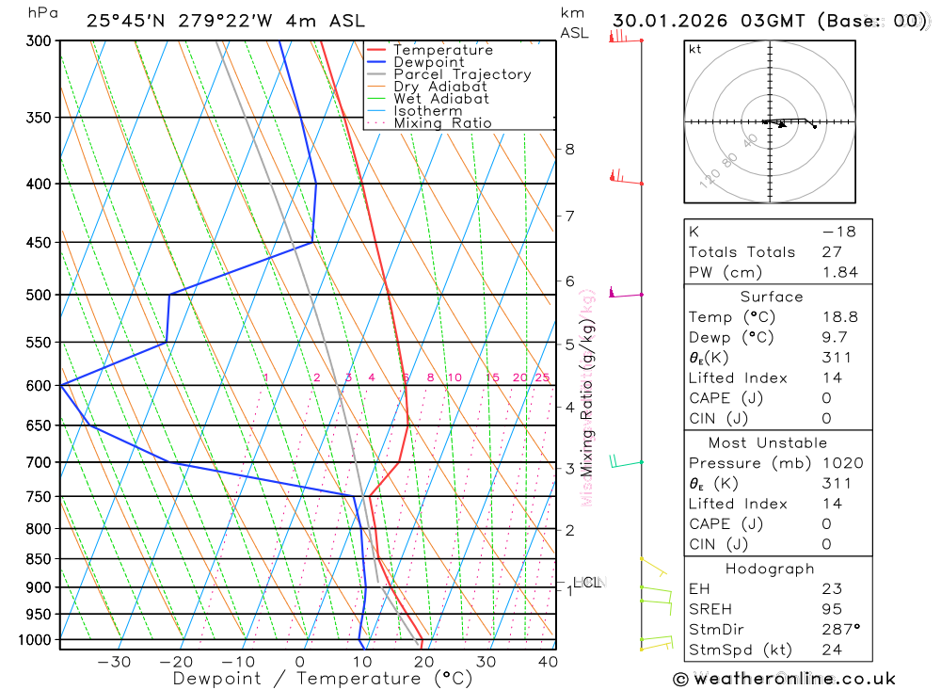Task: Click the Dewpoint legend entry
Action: point(428,62)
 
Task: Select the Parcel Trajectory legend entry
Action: point(462,74)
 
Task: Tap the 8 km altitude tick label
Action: point(569,149)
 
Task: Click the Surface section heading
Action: point(772,297)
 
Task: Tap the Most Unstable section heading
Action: point(768,442)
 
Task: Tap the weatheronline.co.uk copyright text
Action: point(785,679)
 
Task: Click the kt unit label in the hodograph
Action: point(695,49)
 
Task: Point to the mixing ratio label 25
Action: point(542,377)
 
